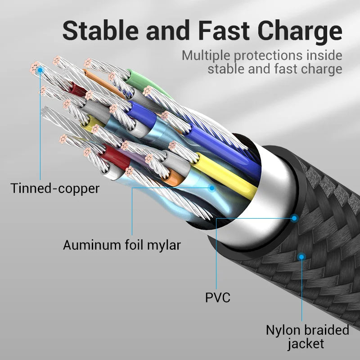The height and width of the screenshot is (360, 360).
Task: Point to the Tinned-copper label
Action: point(54,188)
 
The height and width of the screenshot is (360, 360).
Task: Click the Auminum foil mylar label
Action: point(121,245)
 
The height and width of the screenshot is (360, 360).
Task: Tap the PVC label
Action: point(217,297)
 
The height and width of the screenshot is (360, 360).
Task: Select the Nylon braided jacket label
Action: point(307,337)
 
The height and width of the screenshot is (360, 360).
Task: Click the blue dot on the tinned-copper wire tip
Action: point(40,70)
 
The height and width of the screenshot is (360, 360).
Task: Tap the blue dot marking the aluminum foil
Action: point(211,189)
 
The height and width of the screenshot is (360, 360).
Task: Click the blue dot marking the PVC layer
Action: point(294,218)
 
